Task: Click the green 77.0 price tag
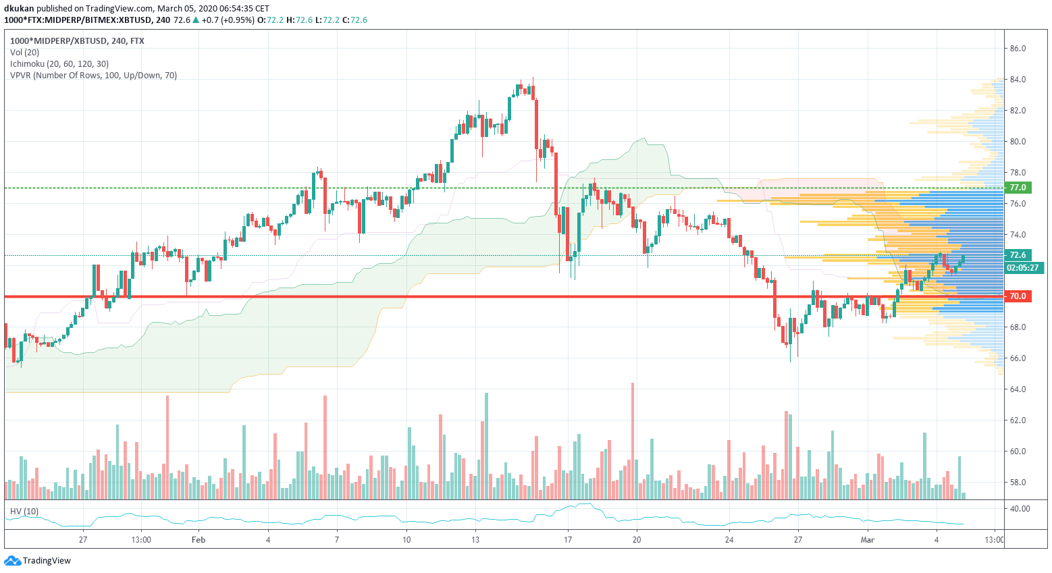coord(1018,188)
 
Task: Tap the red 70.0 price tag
coord(1018,296)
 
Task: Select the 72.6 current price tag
coord(1018,255)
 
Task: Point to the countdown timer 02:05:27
coord(1022,268)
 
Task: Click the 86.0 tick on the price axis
coord(1018,49)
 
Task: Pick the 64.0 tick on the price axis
coord(1018,389)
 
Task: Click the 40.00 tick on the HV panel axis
coord(1020,509)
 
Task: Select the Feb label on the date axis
coord(199,540)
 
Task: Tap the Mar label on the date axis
coord(868,540)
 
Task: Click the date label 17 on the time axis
coord(568,540)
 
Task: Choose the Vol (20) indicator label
coord(24,53)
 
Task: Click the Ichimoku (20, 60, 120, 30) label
coord(59,64)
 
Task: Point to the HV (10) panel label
coord(24,512)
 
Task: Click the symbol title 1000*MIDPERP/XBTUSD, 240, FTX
coord(77,41)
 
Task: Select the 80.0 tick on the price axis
coord(1018,142)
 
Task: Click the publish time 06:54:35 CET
coord(244,9)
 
